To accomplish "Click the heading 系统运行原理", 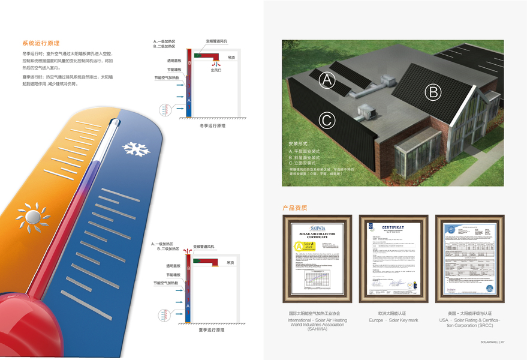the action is pos(41,43).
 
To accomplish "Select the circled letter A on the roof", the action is pos(327,79).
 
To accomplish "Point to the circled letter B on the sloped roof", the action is pos(433,92).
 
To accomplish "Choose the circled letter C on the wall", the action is pos(326,120).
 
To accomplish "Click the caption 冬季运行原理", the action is pos(212,126).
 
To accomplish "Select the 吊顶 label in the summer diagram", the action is pos(230,263).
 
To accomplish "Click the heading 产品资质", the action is pos(295,208).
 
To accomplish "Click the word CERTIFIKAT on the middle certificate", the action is pos(393,229).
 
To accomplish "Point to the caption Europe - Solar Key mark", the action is pos(393,320).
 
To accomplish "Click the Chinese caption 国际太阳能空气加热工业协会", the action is pos(317,313).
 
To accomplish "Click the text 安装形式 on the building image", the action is pos(297,145).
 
